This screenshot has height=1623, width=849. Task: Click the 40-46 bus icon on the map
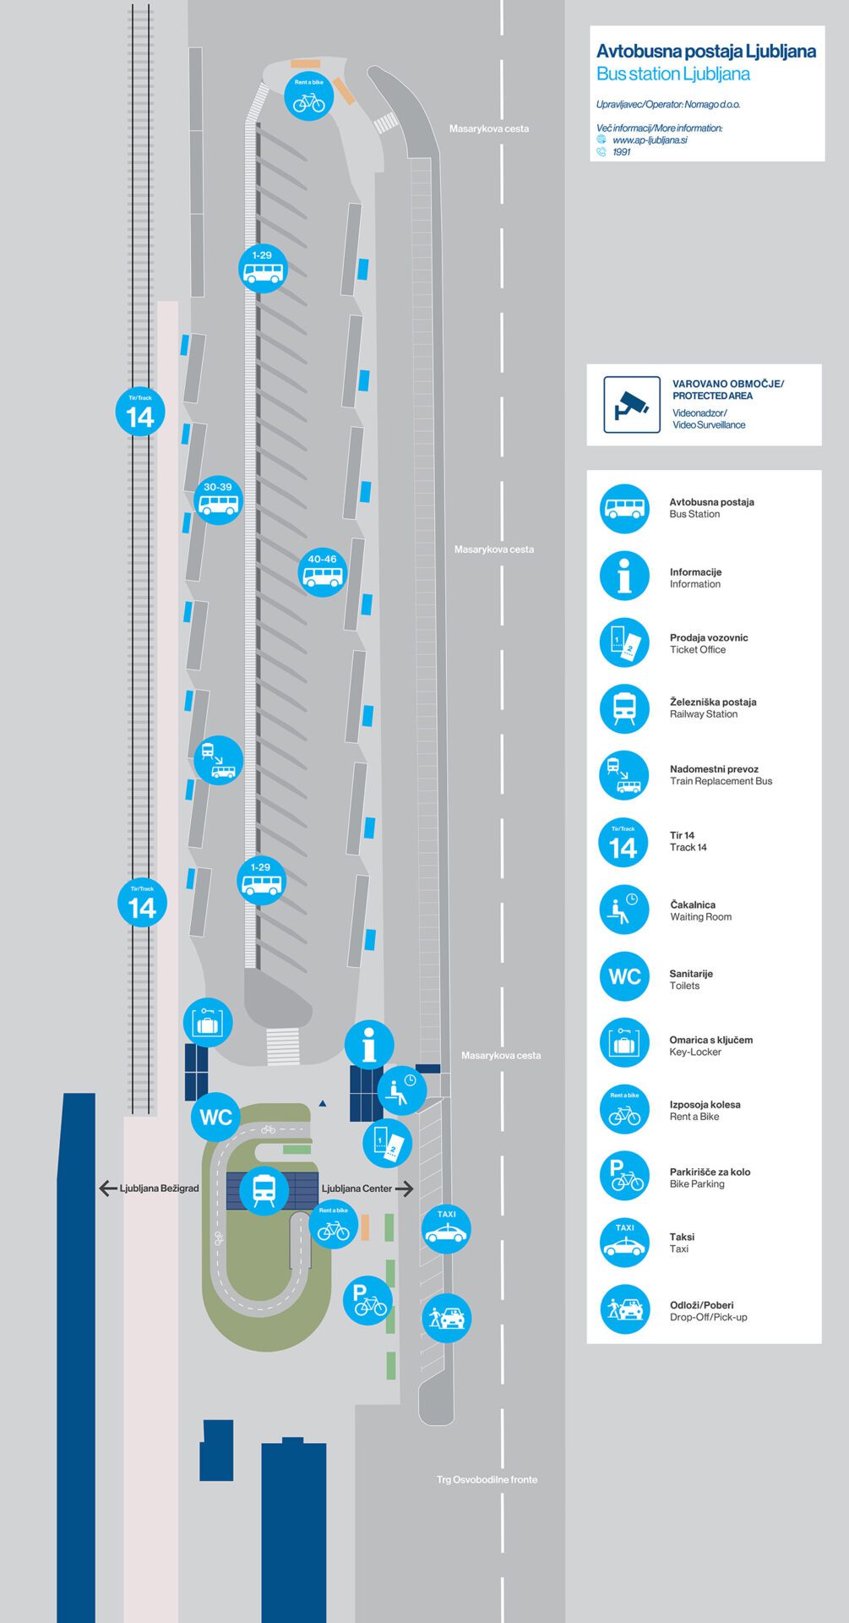(x=323, y=572)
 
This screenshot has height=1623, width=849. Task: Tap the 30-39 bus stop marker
(x=218, y=499)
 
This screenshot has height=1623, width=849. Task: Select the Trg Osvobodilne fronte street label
(x=487, y=1479)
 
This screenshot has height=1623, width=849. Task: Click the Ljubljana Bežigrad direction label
(x=160, y=1188)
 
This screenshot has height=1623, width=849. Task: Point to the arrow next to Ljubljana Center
(x=405, y=1189)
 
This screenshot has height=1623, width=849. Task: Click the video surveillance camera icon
(x=632, y=405)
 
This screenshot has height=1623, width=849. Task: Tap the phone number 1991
(x=622, y=152)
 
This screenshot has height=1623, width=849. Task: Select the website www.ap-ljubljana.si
(x=650, y=140)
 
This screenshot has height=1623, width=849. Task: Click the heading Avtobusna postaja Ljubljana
(x=706, y=52)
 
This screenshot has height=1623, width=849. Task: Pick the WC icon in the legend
(x=624, y=976)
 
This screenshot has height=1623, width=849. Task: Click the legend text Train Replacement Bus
(x=721, y=781)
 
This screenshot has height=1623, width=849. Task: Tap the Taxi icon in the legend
(x=624, y=1243)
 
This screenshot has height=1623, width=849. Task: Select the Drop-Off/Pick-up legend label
(x=709, y=1317)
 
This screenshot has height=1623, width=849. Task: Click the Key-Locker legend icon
(x=624, y=1043)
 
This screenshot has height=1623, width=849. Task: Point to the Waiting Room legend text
(x=701, y=916)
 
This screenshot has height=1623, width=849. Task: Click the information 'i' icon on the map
(x=369, y=1045)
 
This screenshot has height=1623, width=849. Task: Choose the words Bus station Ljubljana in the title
(x=673, y=74)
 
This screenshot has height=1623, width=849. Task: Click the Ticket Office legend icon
(x=624, y=642)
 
